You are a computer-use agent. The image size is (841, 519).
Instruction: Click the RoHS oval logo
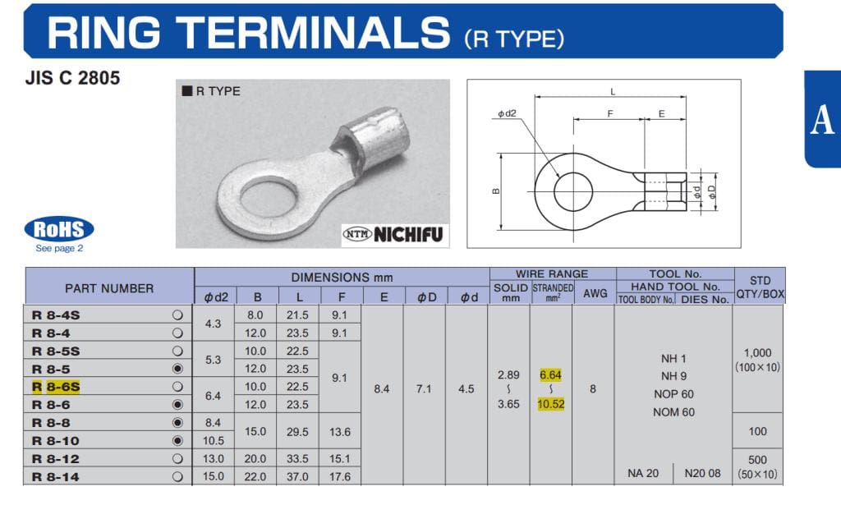pos(59,229)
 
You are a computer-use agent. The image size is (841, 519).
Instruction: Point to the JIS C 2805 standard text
pos(73,79)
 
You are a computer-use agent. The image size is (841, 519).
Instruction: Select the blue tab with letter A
pos(822,120)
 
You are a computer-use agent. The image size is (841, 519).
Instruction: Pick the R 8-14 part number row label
pos(56,476)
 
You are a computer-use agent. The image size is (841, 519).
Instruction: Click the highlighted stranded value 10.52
pos(551,404)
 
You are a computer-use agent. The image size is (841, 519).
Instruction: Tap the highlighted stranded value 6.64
pos(551,374)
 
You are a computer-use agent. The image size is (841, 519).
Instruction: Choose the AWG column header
pos(593,292)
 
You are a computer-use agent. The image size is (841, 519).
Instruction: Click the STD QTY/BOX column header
pos(760,287)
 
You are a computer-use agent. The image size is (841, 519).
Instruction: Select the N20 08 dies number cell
pos(702,473)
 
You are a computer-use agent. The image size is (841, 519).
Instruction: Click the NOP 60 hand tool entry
pos(673,394)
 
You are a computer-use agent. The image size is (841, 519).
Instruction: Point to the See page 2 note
pos(59,248)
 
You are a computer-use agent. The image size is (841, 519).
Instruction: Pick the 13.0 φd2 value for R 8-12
pos(213,458)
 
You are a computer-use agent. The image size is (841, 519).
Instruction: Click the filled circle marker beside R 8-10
pos(177,440)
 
